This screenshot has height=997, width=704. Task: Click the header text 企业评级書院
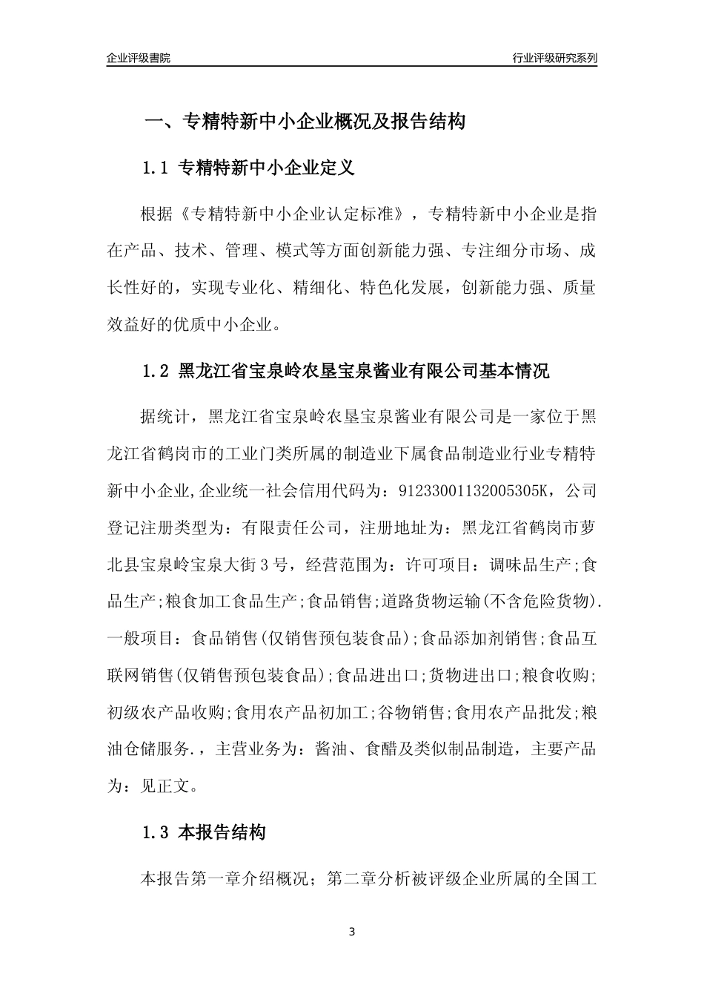coord(139,58)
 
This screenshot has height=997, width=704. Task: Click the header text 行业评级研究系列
coord(554,58)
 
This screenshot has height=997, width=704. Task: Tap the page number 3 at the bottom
coord(352,932)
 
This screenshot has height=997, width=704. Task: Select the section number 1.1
coord(156,168)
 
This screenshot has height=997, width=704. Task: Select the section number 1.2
coord(156,371)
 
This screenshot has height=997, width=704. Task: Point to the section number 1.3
coord(156,833)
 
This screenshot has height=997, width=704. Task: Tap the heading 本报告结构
coord(222,833)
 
